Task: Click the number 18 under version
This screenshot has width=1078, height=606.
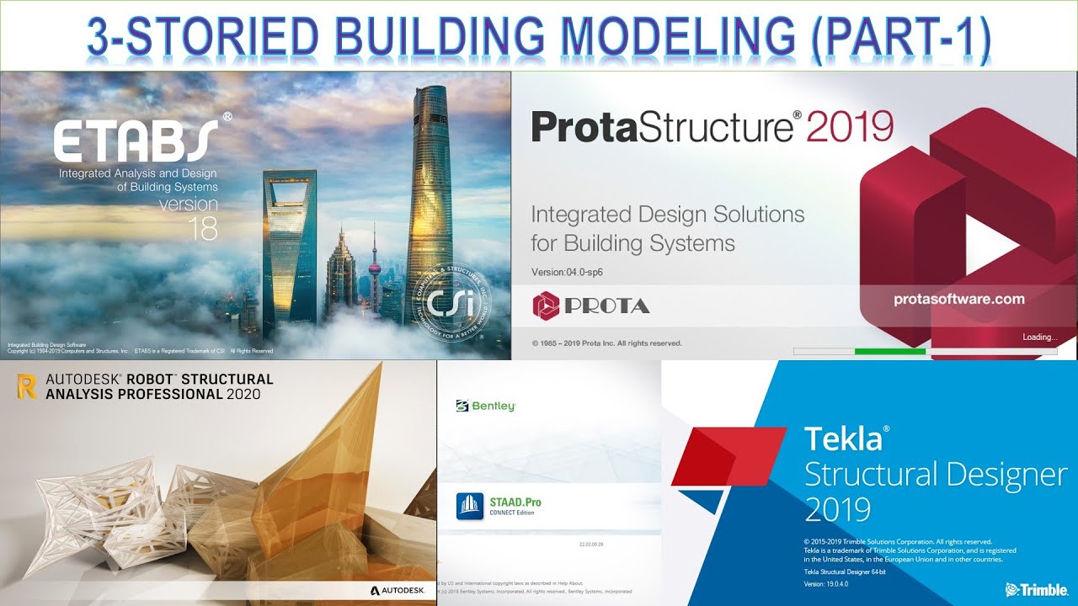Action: point(203,230)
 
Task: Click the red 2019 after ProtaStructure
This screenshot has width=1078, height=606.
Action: point(849,128)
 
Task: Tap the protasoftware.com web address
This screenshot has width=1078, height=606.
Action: point(958,299)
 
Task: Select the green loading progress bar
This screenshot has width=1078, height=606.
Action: point(889,351)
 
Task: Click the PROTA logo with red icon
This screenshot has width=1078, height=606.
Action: point(591,306)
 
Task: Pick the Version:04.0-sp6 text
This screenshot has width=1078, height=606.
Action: point(567,272)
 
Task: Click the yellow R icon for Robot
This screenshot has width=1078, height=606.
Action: point(26,386)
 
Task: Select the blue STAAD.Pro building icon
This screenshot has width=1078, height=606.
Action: point(470,507)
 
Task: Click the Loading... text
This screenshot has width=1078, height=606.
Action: point(1039,338)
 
